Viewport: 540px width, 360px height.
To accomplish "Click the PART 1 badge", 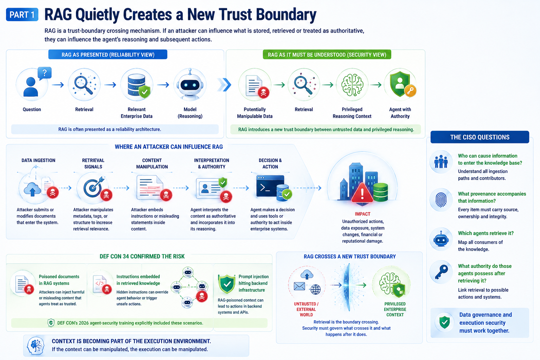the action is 22,15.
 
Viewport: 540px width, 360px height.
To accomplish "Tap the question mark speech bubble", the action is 45,73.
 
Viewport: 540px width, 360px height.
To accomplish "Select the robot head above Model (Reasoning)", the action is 190,84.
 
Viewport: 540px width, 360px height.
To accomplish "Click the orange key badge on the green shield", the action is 410,91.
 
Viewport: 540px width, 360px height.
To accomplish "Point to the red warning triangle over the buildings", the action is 362,193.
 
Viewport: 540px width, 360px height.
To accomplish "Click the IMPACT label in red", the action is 362,214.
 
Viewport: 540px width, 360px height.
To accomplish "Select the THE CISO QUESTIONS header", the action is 480,137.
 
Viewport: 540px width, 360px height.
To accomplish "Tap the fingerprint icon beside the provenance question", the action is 441,200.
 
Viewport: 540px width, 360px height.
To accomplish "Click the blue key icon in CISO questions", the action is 441,272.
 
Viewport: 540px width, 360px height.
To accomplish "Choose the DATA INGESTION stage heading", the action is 38,160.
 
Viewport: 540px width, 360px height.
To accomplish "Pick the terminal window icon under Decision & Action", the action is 270,186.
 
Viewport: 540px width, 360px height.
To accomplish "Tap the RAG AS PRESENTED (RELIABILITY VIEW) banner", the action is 108,55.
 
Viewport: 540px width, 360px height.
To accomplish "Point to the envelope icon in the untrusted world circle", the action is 300,286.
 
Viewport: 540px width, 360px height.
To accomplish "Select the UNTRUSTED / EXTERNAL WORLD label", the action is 306,309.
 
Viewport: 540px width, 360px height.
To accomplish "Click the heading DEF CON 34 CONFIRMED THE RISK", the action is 142,256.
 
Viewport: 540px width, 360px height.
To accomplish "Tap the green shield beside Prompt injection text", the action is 227,284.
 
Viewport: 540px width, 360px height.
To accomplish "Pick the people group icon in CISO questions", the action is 441,162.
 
